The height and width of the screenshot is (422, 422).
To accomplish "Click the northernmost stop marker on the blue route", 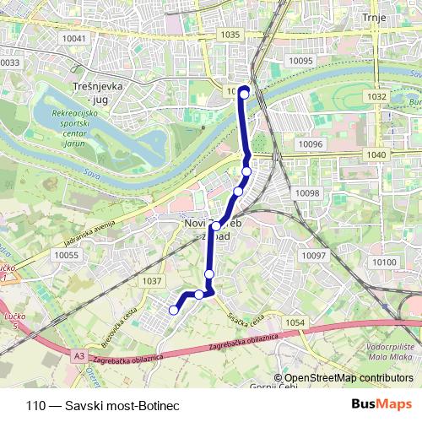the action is [x=245, y=94].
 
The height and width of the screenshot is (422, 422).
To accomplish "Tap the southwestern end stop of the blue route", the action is [x=174, y=310].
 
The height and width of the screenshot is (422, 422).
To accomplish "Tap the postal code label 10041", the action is [x=74, y=38].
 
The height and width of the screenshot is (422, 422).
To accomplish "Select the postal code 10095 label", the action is [x=300, y=61].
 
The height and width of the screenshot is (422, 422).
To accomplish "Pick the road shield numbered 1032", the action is [x=376, y=97].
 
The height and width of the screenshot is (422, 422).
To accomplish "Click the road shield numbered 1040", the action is [x=376, y=155].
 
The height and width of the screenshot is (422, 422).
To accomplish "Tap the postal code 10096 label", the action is [x=311, y=144].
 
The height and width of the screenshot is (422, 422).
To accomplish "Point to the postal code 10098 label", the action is [x=307, y=193].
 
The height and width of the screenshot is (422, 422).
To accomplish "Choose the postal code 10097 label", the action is [x=313, y=255].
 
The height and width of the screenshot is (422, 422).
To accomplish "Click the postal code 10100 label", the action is [x=383, y=262].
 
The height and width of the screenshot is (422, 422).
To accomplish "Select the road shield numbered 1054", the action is [x=295, y=323].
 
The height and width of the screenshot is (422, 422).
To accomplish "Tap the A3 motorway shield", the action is [x=78, y=356].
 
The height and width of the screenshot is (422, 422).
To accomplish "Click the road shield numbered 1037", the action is [x=153, y=281].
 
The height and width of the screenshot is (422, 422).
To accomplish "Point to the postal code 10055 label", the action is [x=66, y=255].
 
